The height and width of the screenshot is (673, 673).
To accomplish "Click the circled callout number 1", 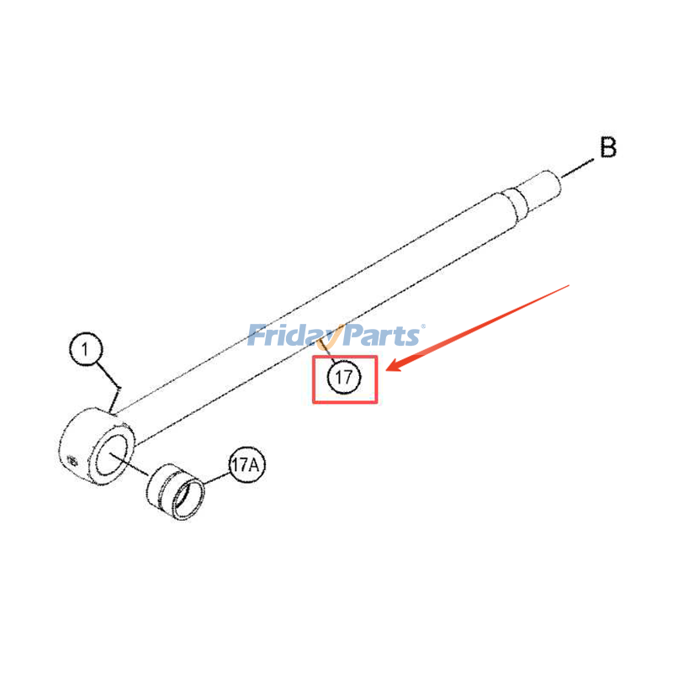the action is point(86,349).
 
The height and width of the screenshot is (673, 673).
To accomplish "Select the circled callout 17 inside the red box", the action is point(344,377).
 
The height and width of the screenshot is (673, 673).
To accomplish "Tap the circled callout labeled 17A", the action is point(246,465).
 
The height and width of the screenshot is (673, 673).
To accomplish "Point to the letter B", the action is point(608,148).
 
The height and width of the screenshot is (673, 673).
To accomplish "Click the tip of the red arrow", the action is point(387,370).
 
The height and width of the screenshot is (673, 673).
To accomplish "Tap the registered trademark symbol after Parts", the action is point(423,326).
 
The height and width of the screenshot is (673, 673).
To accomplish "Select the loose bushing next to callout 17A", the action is point(175,492).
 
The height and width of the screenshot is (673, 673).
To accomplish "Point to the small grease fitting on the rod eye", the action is point(72,461).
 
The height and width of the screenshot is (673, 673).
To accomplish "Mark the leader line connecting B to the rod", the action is point(577,167).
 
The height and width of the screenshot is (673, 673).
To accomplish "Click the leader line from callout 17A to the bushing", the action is point(217,479).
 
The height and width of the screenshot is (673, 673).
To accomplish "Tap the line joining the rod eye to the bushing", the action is point(129,464).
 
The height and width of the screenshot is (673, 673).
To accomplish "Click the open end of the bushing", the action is point(188,500).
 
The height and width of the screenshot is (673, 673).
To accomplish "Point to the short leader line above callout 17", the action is point(326,351).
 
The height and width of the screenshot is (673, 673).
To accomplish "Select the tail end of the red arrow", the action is point(570,285).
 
